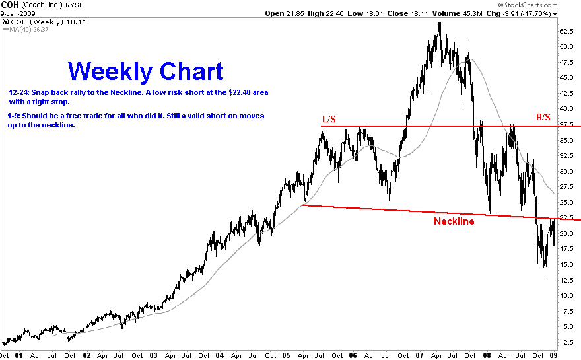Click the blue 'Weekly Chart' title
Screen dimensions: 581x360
pos(146,71)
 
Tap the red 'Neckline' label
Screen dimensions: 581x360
pos(454,221)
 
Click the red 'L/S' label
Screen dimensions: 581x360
pos(329,119)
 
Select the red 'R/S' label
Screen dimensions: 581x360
pos(543,118)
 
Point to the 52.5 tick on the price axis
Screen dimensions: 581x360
pos(566,32)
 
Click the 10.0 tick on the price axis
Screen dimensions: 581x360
pos(566,295)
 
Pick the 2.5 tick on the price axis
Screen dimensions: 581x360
pos(568,342)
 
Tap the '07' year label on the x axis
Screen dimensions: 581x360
pos(419,355)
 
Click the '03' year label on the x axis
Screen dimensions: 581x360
pos(153,355)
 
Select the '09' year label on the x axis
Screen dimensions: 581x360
pos(553,355)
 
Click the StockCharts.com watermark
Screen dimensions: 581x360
pos(528,5)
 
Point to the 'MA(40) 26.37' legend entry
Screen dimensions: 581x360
pos(26,30)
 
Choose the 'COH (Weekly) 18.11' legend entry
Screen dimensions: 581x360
pos(45,22)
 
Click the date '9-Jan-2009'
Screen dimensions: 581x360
pos(18,14)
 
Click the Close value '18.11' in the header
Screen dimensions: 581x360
pos(420,14)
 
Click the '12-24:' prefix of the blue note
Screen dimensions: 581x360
pos(19,92)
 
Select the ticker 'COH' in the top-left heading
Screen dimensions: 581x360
pos(10,5)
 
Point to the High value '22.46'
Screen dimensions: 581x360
pos(335,14)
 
